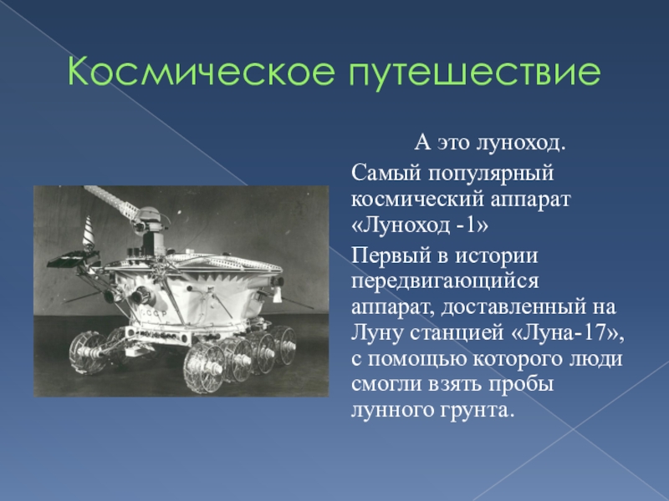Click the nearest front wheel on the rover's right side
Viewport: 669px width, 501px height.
204,365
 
